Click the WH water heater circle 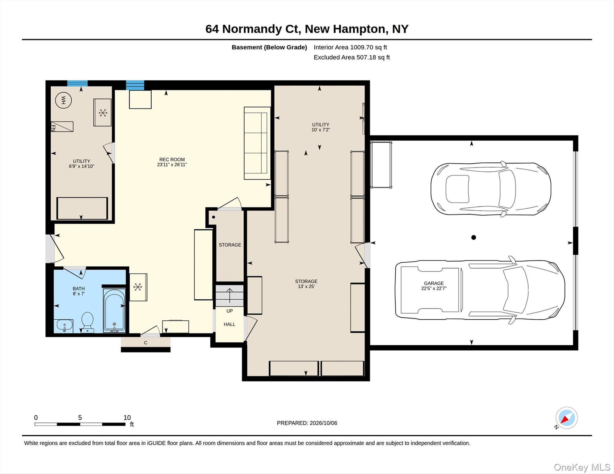pos(63,100)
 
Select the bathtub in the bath pos(114,310)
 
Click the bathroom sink pos(64,326)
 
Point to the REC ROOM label pos(172,160)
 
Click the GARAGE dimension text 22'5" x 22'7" pos(434,289)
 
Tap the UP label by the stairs pos(229,311)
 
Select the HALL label pos(229,324)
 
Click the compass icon pos(566,418)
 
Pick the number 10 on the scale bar pos(127,418)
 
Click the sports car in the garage pos(491,189)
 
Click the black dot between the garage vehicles pos(473,237)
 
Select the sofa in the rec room pos(257,143)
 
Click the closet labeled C pos(145,343)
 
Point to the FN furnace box pos(62,127)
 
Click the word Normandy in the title pos(252,29)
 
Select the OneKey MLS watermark pos(582,467)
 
